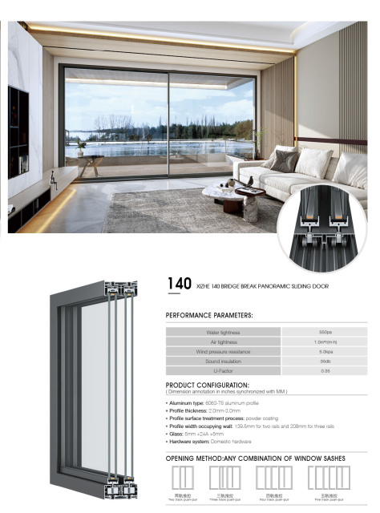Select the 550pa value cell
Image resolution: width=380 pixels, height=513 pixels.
(x=325, y=331)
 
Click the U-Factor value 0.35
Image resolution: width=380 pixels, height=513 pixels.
(x=325, y=371)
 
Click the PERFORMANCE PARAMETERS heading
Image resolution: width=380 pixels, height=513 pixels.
(x=208, y=316)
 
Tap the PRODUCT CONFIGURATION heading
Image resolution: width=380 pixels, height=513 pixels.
(x=208, y=385)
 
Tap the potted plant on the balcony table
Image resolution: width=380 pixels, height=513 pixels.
(x=81, y=148)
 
